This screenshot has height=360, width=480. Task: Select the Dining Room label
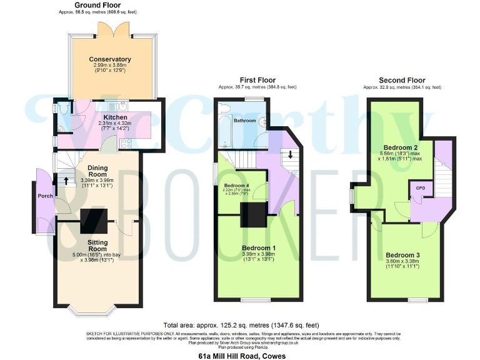point(96,167)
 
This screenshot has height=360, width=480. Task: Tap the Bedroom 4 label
point(237,186)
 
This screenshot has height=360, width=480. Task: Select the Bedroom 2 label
point(397,147)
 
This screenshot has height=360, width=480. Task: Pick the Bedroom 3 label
point(402,255)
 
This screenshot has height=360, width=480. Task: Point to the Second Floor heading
point(402,81)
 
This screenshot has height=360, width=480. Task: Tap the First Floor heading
point(258,81)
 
